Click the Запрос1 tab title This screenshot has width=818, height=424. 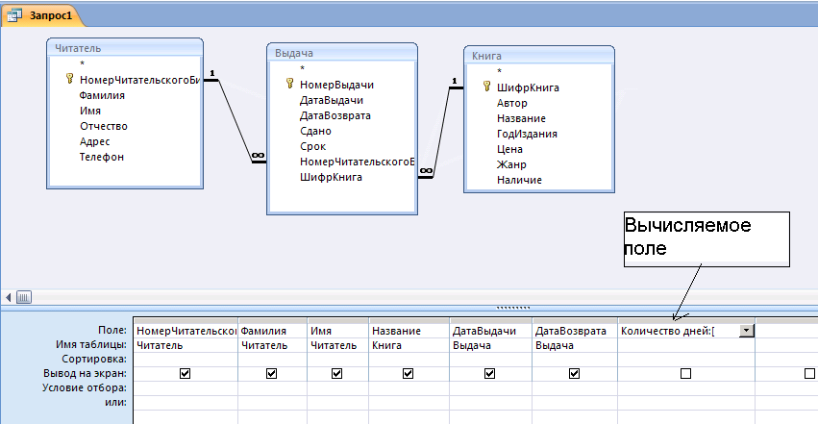click(x=50, y=15)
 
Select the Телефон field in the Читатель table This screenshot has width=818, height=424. click(x=101, y=157)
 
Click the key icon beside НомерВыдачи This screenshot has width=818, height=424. click(x=290, y=84)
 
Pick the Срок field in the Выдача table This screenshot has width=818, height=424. click(x=312, y=146)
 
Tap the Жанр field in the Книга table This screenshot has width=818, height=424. click(x=511, y=164)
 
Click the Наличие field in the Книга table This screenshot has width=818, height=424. click(x=519, y=180)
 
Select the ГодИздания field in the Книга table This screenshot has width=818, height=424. click(x=527, y=134)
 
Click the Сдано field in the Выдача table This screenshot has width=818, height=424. click(x=315, y=131)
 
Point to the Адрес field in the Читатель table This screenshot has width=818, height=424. click(x=94, y=141)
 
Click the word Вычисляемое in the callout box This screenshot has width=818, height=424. click(x=687, y=225)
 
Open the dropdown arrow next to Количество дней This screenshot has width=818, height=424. click(x=747, y=331)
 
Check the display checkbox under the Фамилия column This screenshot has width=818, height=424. click(x=271, y=373)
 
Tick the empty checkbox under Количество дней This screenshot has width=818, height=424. click(x=685, y=373)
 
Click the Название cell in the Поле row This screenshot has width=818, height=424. click(x=396, y=331)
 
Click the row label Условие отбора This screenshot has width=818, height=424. click(x=84, y=387)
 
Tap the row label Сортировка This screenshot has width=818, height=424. click(x=94, y=359)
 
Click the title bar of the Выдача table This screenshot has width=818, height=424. click(x=341, y=53)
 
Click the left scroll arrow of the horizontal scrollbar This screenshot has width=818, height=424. click(x=9, y=297)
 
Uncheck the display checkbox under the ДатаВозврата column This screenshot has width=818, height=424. click(x=574, y=373)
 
